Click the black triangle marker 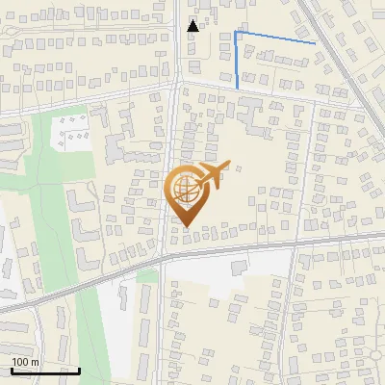tap(193, 26)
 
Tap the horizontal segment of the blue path tap(275, 38)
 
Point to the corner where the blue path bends tap(237, 33)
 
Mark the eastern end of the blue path tap(315, 43)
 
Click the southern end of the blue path tap(238, 89)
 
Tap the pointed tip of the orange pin tap(186, 226)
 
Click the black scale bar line tap(44, 371)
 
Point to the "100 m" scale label tap(25, 362)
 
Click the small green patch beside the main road tap(146, 277)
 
